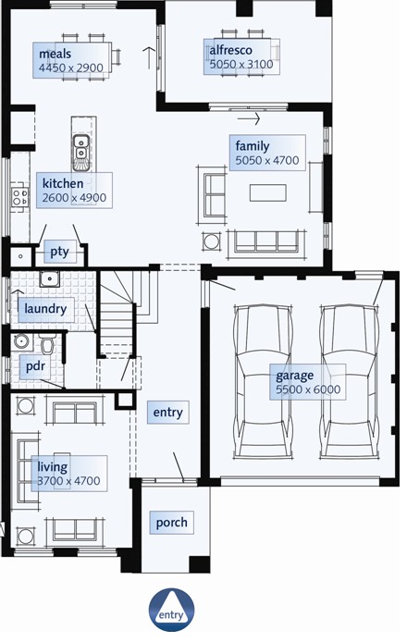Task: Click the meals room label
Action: click(x=55, y=54)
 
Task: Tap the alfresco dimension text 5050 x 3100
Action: click(x=241, y=64)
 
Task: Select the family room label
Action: click(x=253, y=146)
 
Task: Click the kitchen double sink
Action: click(x=81, y=147)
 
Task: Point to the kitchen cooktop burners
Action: click(x=19, y=197)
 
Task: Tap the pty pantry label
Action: click(x=59, y=252)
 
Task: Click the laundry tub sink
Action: click(x=50, y=278)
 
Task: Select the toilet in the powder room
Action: click(x=47, y=344)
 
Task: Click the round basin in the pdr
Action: click(x=20, y=340)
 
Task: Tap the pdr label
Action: click(x=35, y=365)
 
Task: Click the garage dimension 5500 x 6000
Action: click(x=308, y=389)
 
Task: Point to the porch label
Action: click(x=171, y=523)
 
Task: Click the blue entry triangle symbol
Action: click(x=171, y=611)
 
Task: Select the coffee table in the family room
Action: click(x=267, y=192)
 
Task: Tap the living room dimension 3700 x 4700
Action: click(x=68, y=481)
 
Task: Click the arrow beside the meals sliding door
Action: click(x=149, y=58)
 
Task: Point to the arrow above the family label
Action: click(x=249, y=118)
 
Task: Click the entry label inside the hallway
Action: click(x=167, y=413)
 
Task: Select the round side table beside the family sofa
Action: click(x=212, y=241)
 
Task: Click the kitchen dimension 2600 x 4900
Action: click(x=74, y=197)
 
